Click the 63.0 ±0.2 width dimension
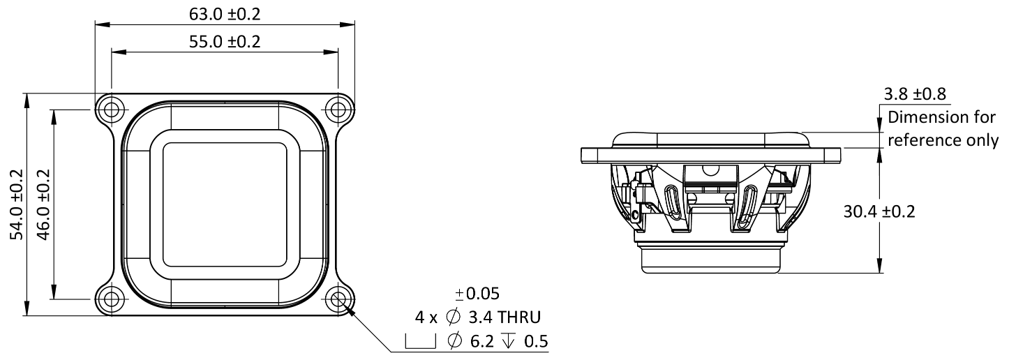pos(225,14)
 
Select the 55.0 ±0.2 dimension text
pos(225,42)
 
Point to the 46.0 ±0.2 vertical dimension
pos(43,204)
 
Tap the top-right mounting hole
pos(338,110)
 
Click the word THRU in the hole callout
pos(516,317)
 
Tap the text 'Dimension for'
pos(943,117)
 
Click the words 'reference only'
pos(943,140)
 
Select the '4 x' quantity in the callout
pos(426,317)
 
